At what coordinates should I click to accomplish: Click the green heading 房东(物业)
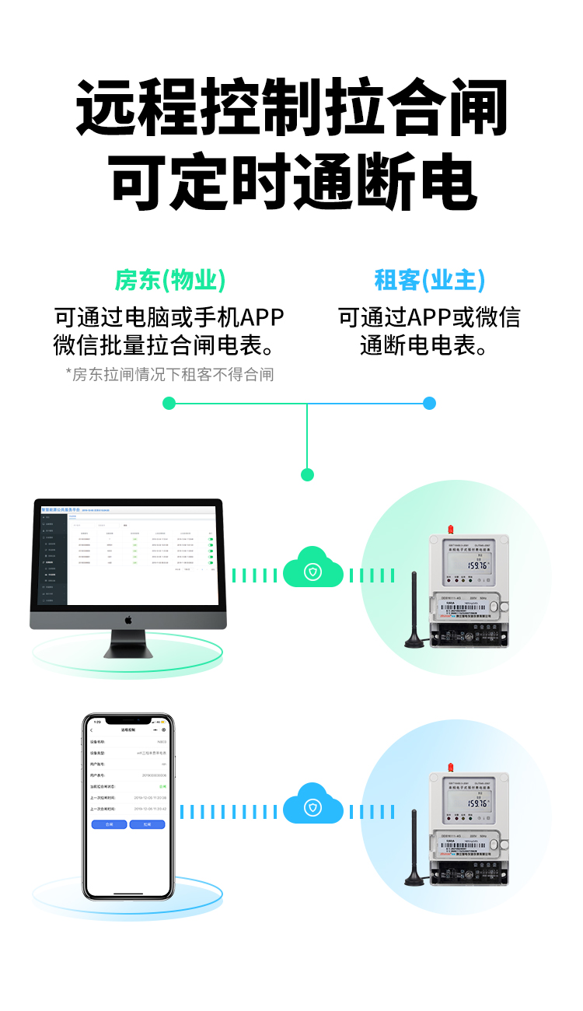(x=170, y=280)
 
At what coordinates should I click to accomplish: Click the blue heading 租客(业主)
(x=429, y=280)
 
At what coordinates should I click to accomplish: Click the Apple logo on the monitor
(x=128, y=621)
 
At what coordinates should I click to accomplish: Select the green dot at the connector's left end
(x=169, y=403)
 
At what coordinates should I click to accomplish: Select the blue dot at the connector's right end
(x=429, y=403)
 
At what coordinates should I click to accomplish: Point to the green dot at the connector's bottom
(x=307, y=474)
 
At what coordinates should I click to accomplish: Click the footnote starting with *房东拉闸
(x=170, y=375)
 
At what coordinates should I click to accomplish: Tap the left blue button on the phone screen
(x=109, y=824)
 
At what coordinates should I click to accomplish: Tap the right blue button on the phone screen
(x=147, y=824)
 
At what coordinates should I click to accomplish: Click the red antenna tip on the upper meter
(x=450, y=530)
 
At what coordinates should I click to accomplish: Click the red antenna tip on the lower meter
(x=450, y=767)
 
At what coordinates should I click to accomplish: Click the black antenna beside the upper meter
(x=413, y=610)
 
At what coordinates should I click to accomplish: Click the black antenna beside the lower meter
(x=413, y=848)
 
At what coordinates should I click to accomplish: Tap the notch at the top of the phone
(x=127, y=721)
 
